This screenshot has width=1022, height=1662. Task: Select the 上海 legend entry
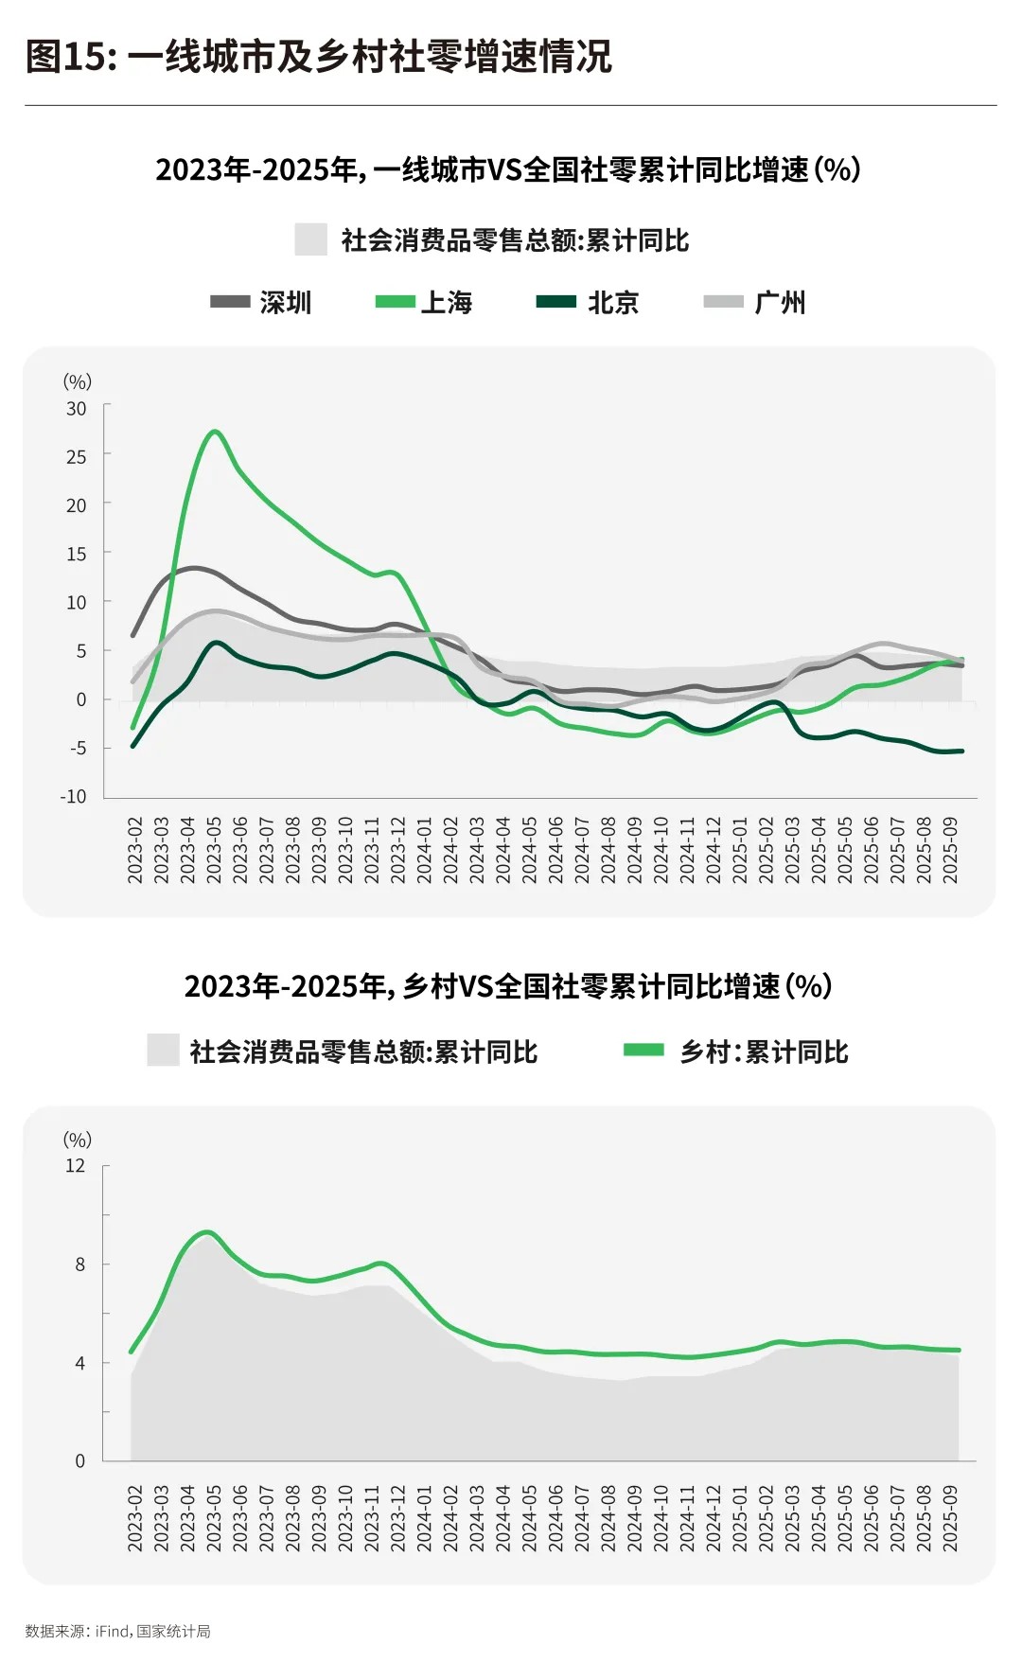tap(425, 303)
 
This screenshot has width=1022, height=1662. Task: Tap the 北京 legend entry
tap(589, 303)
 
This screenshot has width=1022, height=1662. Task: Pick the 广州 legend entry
tap(756, 303)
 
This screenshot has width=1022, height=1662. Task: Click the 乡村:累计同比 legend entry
tap(737, 1052)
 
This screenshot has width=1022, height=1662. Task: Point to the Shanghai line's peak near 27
tap(215, 432)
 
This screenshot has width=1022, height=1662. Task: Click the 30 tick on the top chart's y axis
tap(77, 409)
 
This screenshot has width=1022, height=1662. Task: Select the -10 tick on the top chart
tap(74, 797)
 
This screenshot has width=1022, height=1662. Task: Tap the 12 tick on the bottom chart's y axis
tap(76, 1166)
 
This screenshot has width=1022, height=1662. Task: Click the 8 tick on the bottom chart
tap(80, 1264)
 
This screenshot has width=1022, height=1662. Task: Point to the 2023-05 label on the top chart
tap(215, 851)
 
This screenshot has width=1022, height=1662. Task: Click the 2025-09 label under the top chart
tap(951, 851)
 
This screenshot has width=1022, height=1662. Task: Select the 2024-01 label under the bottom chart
tap(425, 1517)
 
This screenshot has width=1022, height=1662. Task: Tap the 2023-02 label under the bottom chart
tap(135, 1517)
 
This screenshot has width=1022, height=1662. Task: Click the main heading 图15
tap(318, 57)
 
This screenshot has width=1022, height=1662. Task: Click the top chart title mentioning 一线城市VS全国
tap(509, 170)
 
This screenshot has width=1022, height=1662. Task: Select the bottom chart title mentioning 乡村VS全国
tap(509, 986)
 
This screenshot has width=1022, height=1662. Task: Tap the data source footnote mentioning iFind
tap(118, 1631)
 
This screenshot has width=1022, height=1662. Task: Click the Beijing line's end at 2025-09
tap(961, 751)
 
